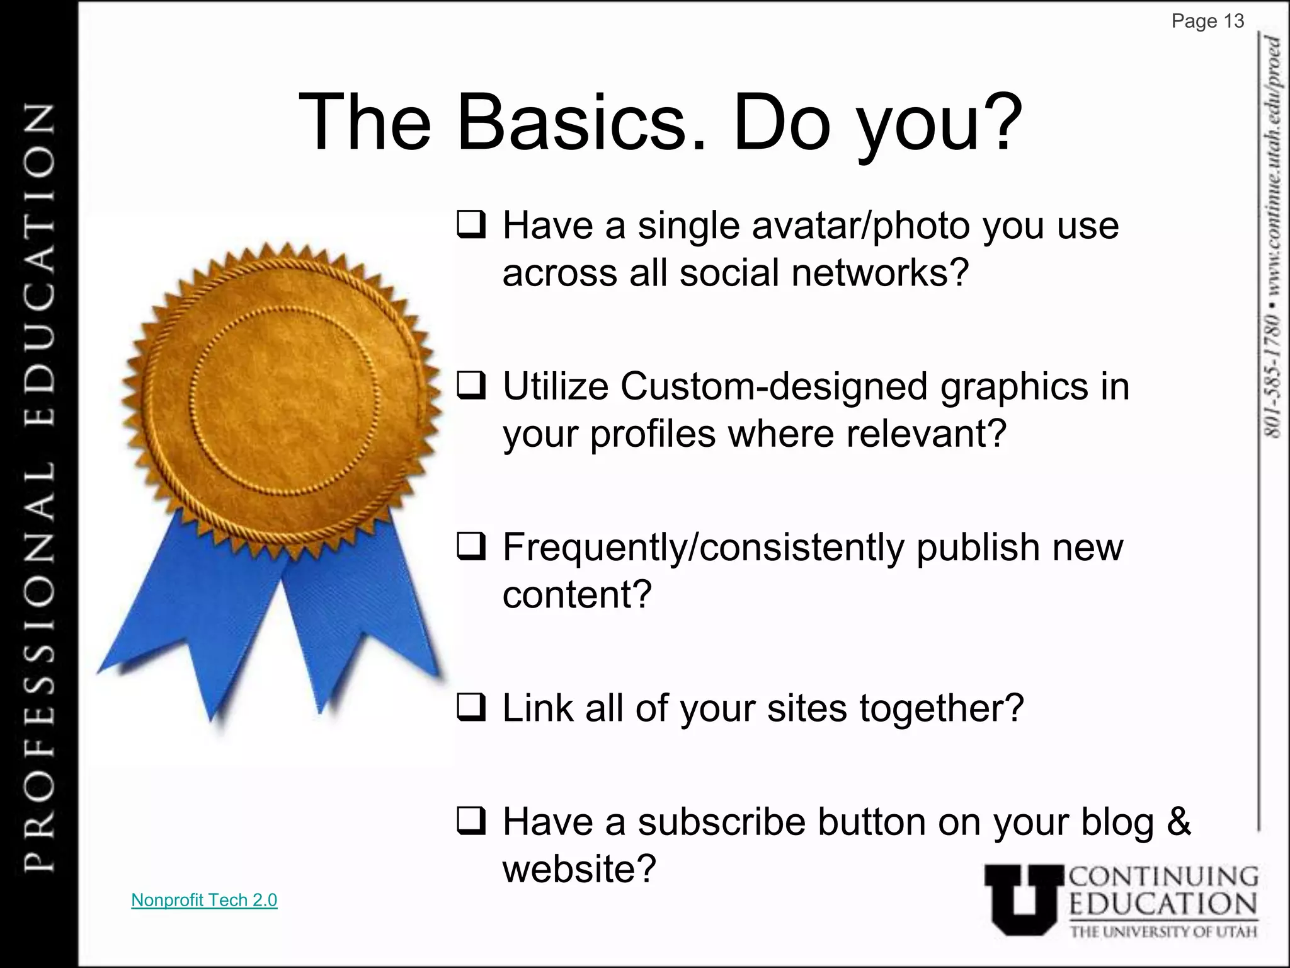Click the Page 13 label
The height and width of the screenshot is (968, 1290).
1207,21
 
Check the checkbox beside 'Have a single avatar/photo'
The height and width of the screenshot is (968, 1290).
471,225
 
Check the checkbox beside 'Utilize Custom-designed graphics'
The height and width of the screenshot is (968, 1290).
471,386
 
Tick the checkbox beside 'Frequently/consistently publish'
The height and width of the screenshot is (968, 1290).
471,547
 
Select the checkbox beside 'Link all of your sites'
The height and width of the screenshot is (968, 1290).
471,708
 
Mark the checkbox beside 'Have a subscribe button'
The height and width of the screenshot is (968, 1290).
471,822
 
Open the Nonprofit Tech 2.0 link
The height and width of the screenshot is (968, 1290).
204,900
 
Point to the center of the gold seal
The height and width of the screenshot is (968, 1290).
283,400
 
